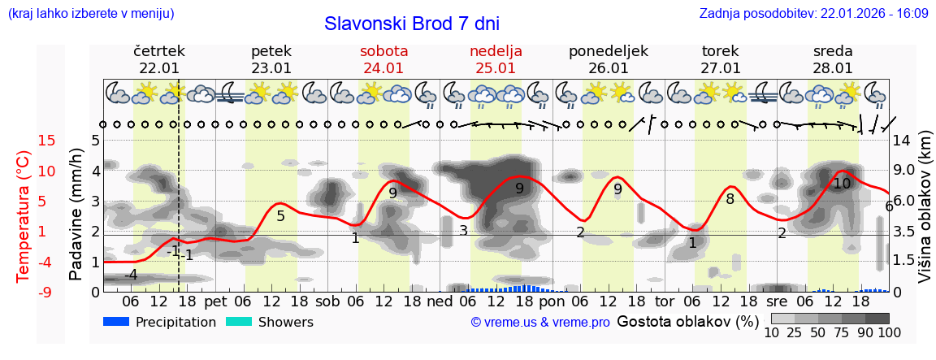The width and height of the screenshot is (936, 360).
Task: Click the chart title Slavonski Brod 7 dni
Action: click(412, 24)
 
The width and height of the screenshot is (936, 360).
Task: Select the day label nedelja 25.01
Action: click(496, 59)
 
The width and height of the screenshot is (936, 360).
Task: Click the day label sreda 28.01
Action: click(833, 59)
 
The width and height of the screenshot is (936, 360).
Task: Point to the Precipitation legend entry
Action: click(159, 322)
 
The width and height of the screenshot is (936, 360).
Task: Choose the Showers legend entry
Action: click(269, 322)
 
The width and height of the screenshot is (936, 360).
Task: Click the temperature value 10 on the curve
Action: click(842, 184)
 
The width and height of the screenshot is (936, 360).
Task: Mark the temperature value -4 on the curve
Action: click(131, 275)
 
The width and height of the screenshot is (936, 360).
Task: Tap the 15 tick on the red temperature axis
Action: click(24, 141)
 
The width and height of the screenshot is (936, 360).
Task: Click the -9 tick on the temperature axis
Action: click(24, 292)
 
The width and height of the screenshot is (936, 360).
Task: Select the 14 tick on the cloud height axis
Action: click(902, 141)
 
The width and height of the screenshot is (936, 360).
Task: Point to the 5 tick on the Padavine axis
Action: click(95, 141)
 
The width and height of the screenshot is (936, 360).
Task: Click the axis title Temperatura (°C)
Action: click(24, 216)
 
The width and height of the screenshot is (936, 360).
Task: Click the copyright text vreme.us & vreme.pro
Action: click(540, 323)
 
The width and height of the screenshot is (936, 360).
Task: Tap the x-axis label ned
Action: click(440, 301)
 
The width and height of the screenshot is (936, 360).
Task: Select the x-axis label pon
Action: click(552, 301)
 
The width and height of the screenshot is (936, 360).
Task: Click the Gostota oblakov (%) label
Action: click(688, 321)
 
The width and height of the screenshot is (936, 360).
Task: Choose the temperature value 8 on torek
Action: click(730, 199)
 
